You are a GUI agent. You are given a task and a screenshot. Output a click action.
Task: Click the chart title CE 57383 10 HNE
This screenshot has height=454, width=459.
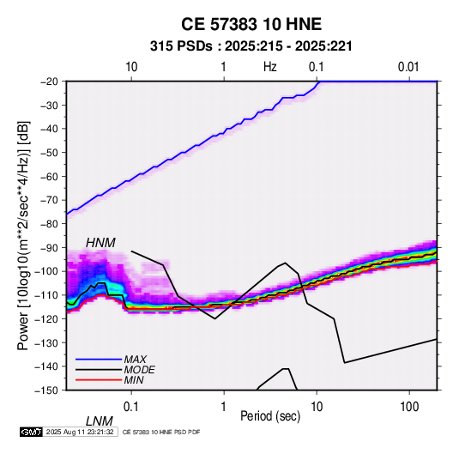(251, 24)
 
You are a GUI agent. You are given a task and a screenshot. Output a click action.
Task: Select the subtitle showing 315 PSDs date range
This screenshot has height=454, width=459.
(251, 46)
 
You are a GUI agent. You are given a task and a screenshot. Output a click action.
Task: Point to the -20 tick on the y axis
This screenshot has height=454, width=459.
(49, 82)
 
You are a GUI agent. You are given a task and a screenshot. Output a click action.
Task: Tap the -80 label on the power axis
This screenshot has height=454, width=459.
(49, 224)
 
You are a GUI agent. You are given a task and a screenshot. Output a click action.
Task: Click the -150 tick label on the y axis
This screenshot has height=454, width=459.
(46, 390)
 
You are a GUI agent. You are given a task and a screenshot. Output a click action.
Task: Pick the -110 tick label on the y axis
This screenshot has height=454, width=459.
(46, 295)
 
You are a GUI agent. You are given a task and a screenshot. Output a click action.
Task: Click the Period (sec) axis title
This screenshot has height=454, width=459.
(270, 416)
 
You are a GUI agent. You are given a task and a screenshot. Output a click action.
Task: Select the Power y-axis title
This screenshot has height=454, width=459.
(23, 236)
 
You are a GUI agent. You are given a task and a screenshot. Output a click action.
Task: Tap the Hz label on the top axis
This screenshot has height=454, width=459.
(270, 67)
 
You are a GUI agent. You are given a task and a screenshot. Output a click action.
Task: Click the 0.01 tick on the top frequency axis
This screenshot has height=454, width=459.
(408, 67)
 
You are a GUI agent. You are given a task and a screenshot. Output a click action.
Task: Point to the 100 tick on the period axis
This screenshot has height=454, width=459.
(409, 407)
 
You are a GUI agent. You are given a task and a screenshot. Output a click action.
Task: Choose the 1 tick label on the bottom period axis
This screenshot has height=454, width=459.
(224, 407)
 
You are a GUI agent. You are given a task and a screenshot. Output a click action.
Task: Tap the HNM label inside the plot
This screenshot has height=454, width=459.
(100, 243)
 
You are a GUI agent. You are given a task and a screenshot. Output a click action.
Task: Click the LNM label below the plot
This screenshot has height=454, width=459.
(99, 421)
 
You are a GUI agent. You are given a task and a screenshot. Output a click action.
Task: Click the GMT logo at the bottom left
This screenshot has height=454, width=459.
(32, 432)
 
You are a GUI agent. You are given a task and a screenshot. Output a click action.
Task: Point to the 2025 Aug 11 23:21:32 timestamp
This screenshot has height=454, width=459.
(80, 432)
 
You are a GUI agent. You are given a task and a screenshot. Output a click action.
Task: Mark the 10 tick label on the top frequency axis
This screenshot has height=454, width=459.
(131, 67)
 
